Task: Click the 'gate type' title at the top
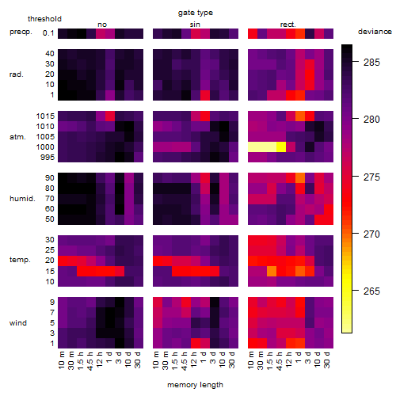[x=196, y=13]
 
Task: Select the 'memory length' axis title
[x=195, y=385]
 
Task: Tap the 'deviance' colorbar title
[x=375, y=32]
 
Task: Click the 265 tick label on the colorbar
[x=371, y=291]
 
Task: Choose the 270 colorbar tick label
[x=371, y=234]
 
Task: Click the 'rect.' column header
[x=288, y=25]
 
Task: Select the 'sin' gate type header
[x=195, y=25]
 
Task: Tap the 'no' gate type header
[x=102, y=25]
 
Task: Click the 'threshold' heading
[x=44, y=19]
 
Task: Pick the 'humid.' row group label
[x=22, y=199]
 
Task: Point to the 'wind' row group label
[x=18, y=323]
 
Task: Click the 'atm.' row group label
[x=17, y=137]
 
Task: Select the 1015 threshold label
[x=45, y=116]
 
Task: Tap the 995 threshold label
[x=48, y=158]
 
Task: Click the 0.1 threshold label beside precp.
[x=48, y=33]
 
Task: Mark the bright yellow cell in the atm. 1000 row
[x=281, y=147]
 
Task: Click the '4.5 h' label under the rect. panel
[x=279, y=361]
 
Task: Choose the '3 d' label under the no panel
[x=118, y=358]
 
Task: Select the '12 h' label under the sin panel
[x=193, y=360]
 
